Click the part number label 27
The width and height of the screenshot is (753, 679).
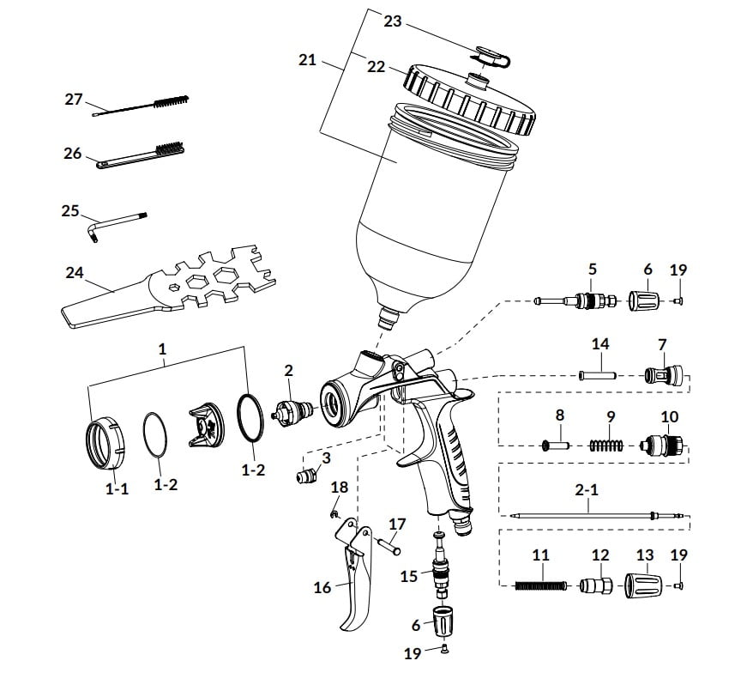coord(74,100)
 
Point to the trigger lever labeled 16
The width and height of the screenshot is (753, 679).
coord(354,577)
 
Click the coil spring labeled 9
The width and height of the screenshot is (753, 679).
coord(606,446)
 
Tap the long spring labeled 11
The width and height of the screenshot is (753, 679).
coord(541,585)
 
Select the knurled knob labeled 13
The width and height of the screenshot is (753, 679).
coord(644,585)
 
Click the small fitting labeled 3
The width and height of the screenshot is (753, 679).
coord(305,476)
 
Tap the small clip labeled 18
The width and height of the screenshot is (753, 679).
coord(334,515)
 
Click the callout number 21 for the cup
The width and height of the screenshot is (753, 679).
coord(307,60)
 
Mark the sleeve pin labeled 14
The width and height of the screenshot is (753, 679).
coord(598,374)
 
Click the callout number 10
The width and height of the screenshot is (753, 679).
coord(670,416)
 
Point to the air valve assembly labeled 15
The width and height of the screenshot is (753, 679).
coord(440,565)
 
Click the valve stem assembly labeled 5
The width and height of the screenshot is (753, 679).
coord(575,300)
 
